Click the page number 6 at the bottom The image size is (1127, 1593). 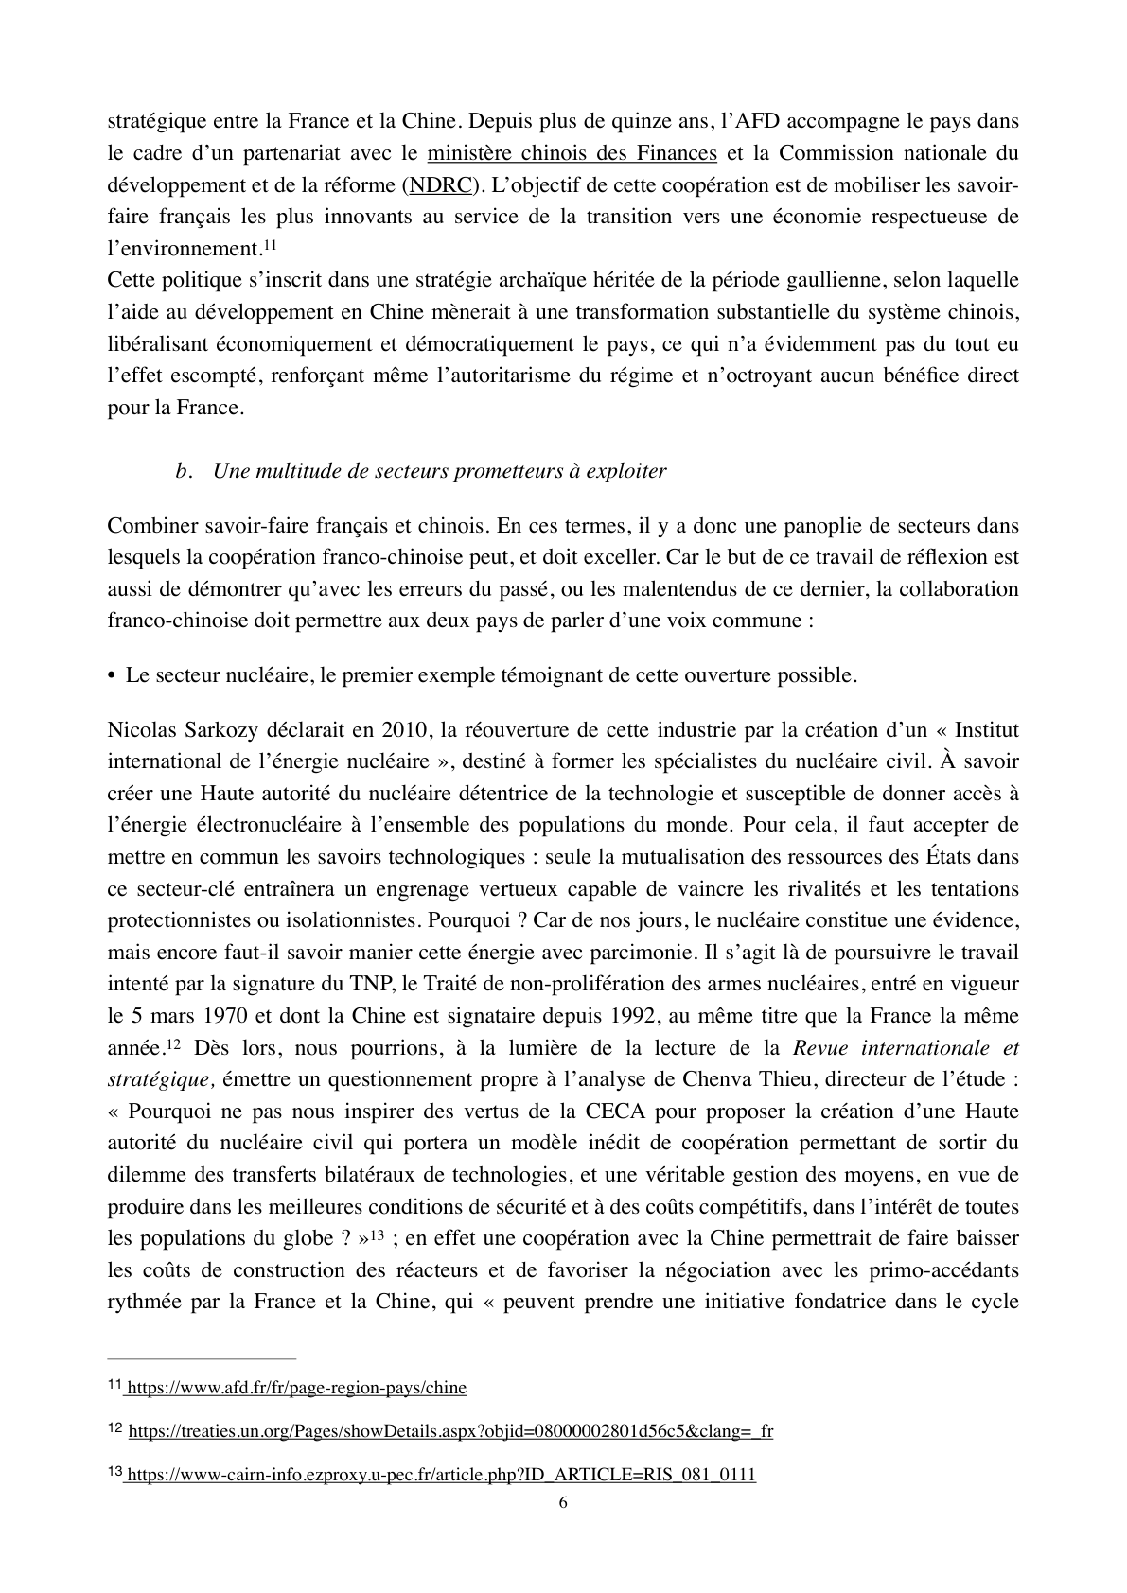(564, 1503)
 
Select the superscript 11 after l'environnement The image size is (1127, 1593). (269, 245)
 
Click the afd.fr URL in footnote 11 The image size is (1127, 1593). (296, 1388)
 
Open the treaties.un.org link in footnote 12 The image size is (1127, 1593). (449, 1431)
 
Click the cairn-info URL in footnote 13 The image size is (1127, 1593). (441, 1475)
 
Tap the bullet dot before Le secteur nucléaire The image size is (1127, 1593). (112, 676)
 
